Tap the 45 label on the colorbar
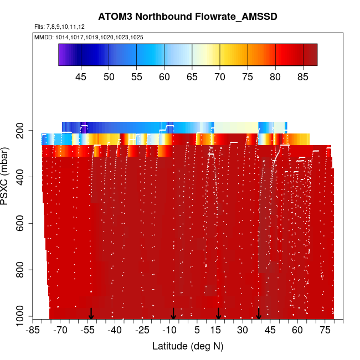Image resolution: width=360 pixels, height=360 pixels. [x=81, y=76]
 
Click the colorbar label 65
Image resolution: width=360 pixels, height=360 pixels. [x=192, y=76]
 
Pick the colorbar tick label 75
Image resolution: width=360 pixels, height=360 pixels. [x=248, y=76]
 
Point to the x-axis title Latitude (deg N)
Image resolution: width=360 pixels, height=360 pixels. [x=187, y=346]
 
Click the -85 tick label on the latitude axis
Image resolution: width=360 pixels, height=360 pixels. [x=33, y=331]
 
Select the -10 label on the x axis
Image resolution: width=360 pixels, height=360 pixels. [x=169, y=331]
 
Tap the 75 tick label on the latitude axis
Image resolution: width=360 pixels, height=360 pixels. [x=324, y=331]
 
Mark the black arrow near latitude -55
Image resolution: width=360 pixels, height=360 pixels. [x=91, y=313]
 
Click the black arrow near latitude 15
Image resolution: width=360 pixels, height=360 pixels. [x=219, y=313]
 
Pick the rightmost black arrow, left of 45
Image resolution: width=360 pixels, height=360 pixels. [x=259, y=313]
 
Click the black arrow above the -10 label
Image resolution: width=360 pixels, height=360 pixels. [x=173, y=313]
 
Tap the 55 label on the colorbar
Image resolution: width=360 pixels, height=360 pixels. [x=137, y=76]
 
